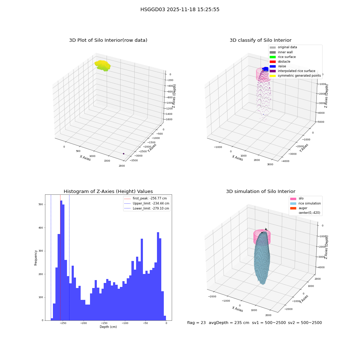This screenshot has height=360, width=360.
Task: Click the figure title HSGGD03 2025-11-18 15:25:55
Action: [180, 9]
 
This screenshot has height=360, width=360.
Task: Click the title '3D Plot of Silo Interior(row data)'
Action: [108, 40]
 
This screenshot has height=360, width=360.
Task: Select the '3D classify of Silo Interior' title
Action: [261, 40]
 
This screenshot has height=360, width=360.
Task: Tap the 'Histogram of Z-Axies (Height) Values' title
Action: [108, 191]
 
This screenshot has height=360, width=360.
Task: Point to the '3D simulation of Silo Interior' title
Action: [261, 191]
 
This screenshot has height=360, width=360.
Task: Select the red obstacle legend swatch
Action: [273, 62]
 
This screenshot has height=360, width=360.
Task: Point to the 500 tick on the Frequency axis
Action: [41, 204]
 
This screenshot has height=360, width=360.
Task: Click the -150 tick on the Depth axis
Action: [104, 323]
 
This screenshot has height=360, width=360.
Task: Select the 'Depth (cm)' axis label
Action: [108, 327]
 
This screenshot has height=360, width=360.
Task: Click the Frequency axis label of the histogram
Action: [36, 258]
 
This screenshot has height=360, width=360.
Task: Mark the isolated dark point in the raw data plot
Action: [123, 154]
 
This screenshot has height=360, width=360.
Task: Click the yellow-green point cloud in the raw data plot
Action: [103, 66]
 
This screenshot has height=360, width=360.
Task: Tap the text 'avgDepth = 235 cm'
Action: [229, 323]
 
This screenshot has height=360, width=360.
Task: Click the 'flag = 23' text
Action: [196, 323]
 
